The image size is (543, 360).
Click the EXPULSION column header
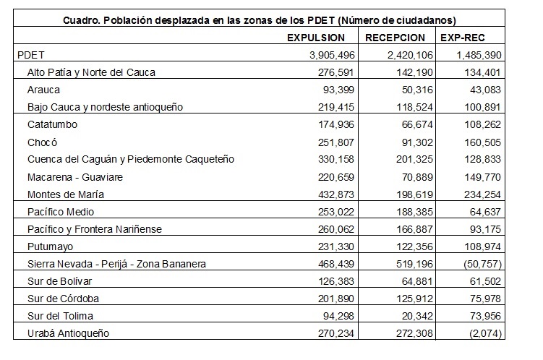[x=316, y=38]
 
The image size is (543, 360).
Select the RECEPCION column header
[x=395, y=38]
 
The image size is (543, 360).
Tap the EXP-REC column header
[x=462, y=38]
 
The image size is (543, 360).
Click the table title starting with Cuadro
[x=260, y=20]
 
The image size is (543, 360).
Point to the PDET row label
[x=31, y=55]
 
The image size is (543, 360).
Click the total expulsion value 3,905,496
[x=332, y=55]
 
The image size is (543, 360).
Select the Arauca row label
[x=43, y=90]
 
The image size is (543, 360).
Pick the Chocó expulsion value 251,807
[x=336, y=142]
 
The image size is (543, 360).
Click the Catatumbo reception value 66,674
[x=417, y=124]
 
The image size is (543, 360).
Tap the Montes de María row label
[x=66, y=194]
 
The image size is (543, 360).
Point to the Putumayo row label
[x=50, y=247]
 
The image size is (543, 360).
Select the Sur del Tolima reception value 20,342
[x=417, y=316]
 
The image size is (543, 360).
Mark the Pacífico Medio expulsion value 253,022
[x=336, y=212]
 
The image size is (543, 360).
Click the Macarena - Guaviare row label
[x=75, y=177]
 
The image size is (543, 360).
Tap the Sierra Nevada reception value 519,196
[x=414, y=264]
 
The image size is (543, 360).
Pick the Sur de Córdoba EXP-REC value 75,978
[x=485, y=299]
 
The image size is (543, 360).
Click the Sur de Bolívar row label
[x=59, y=281]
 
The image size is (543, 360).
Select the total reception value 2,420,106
[x=410, y=55]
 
